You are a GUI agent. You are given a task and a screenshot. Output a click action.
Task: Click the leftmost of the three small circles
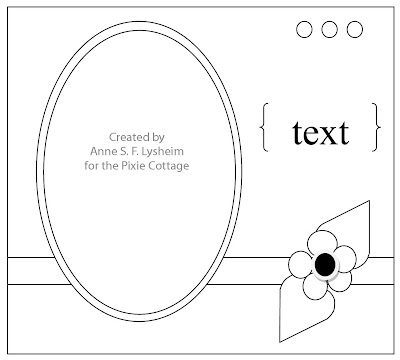coord(304,29)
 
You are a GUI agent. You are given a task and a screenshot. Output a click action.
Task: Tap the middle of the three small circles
coord(329,29)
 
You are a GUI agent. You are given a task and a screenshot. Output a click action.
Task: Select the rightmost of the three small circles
coord(354,29)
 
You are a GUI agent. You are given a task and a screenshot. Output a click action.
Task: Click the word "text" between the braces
coord(321,133)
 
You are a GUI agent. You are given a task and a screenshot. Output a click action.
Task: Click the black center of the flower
coord(325,264)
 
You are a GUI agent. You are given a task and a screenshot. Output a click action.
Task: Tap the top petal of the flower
coord(322,243)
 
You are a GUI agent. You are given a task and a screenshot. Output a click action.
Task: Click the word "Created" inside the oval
coord(125,137)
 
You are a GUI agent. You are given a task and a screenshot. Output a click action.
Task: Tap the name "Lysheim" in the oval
coord(162,151)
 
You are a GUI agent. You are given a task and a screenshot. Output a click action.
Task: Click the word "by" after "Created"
coord(158,138)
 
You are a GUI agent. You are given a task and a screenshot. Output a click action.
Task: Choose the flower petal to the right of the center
coord(345,258)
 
